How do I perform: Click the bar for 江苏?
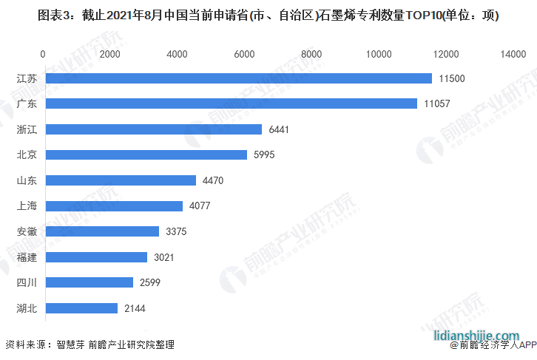[237, 78]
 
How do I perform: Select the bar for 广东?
[230, 103]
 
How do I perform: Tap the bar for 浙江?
[152, 129]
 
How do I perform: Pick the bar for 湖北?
[81, 308]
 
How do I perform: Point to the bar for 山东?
[120, 180]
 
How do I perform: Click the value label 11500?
[451, 78]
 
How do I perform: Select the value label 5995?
[266, 155]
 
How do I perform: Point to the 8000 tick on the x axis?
[311, 54]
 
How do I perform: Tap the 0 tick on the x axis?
[43, 54]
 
